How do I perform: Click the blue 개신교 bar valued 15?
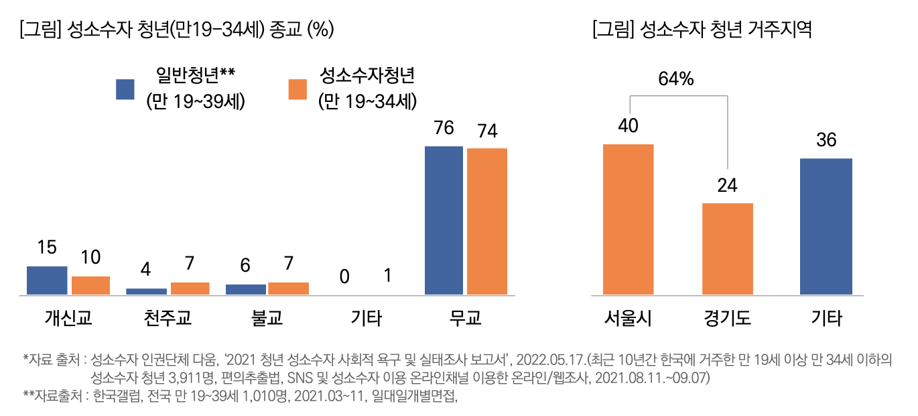tap(47, 280)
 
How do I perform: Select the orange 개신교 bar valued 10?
tap(90, 285)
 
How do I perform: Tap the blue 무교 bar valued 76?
tap(444, 220)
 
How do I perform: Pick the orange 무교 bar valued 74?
tap(487, 221)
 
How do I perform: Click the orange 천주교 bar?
tap(190, 289)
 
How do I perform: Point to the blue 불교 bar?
tap(245, 289)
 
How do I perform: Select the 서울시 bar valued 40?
tap(628, 219)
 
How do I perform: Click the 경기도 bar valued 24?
tap(727, 249)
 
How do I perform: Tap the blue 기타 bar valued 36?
tap(826, 227)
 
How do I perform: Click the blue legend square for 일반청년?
tap(125, 89)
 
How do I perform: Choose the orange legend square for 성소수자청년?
tap(298, 89)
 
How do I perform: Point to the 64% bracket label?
tap(675, 79)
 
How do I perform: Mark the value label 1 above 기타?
tap(388, 276)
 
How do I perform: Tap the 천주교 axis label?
tap(168, 317)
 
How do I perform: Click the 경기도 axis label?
tap(727, 317)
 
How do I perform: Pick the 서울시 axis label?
tap(628, 317)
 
